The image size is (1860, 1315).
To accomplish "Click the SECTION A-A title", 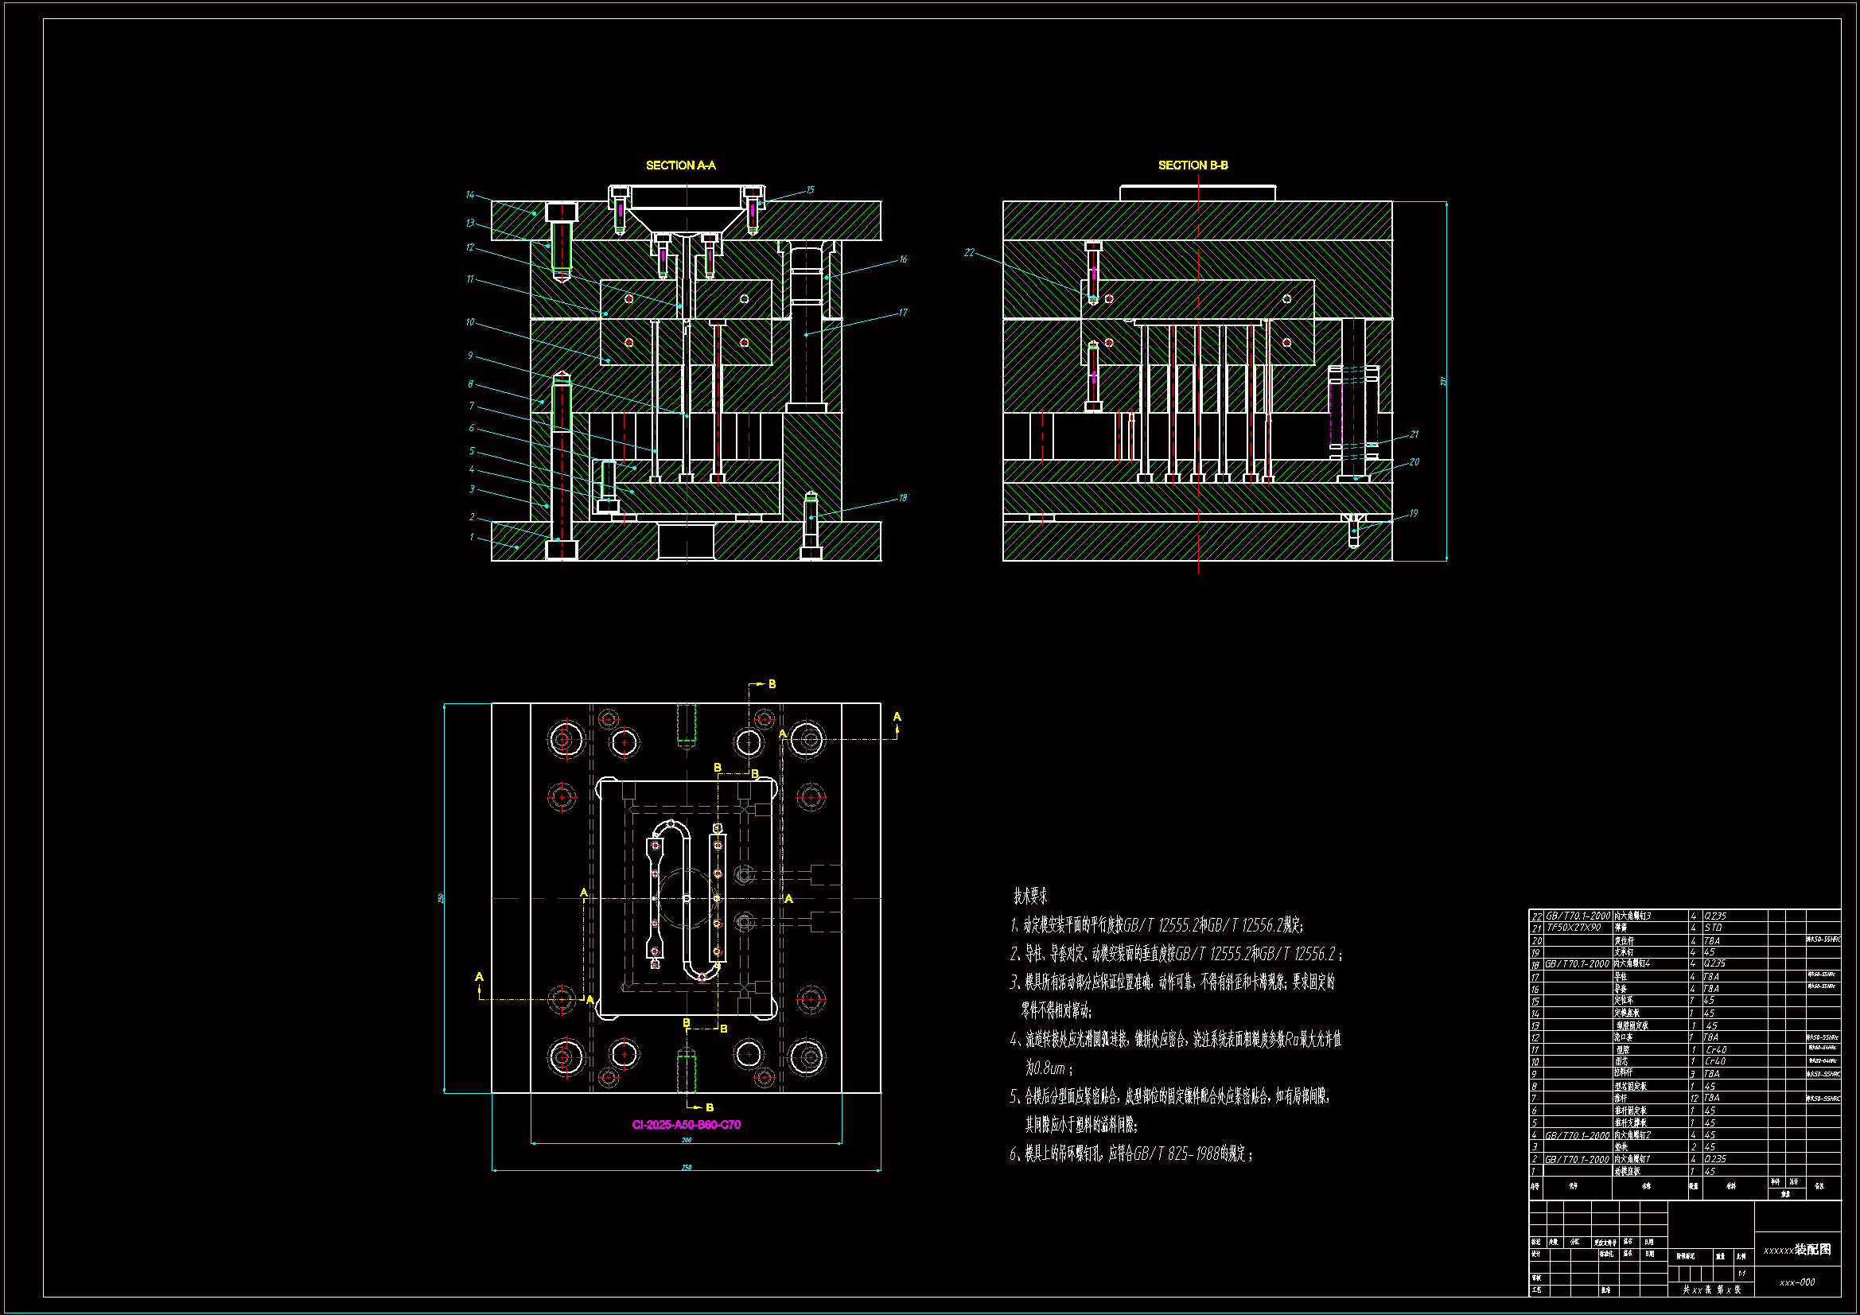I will click(x=680, y=165).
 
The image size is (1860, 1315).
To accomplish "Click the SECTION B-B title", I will click(x=1193, y=165).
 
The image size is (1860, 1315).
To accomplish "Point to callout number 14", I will click(x=470, y=194).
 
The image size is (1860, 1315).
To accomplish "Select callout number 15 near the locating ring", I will click(x=810, y=189).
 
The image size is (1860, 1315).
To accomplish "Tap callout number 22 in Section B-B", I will click(x=969, y=253).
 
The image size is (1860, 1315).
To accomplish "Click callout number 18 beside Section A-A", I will click(x=902, y=497).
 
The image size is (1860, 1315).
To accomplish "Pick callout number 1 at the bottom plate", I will click(x=472, y=536).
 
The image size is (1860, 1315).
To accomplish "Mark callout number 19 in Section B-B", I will click(x=1413, y=513).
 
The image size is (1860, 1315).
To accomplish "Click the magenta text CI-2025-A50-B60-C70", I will click(x=686, y=1125).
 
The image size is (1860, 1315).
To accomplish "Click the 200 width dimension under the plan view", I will click(x=686, y=1140).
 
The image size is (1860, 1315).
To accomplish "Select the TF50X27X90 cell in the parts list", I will click(x=1574, y=928).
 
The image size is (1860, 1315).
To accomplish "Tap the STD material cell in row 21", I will click(x=1713, y=928).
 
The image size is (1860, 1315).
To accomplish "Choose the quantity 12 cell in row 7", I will click(x=1694, y=1098).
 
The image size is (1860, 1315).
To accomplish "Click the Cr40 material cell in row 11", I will click(x=1716, y=1049).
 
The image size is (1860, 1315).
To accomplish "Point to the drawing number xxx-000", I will click(x=1797, y=1282).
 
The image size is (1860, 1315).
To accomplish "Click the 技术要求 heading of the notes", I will click(x=1030, y=896).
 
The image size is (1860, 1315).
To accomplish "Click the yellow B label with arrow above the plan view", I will click(x=772, y=684).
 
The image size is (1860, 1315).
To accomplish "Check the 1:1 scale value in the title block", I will click(x=1741, y=1274).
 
